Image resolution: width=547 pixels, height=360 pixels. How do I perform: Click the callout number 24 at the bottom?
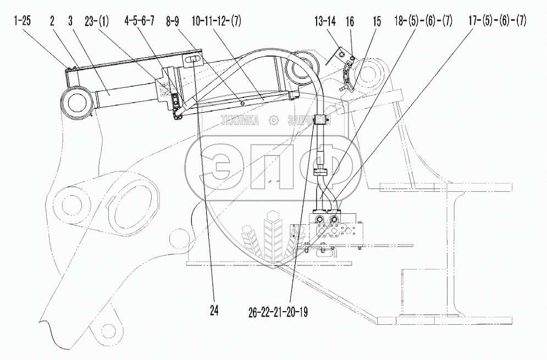pos(213,311)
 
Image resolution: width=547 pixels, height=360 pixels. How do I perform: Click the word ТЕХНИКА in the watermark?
pos(239,121)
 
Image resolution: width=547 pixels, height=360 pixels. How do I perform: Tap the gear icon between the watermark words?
pos(273,120)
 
